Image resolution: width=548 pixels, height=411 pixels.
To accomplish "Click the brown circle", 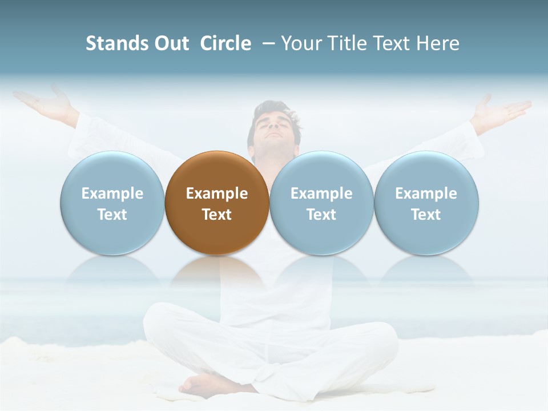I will coord(217,203).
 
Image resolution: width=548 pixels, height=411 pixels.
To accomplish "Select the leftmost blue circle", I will coord(112,203).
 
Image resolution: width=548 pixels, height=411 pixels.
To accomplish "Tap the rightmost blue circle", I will coord(426,203).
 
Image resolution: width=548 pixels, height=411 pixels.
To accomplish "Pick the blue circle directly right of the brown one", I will coord(321,203).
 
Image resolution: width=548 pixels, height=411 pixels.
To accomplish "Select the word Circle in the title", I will coord(225,43).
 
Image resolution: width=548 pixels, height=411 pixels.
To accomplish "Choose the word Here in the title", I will coord(438,43).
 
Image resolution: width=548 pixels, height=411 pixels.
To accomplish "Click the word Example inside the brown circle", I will coord(217,194).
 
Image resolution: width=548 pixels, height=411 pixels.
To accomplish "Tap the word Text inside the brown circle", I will coord(217,215).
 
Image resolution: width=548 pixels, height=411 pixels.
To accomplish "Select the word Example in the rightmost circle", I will coord(426,194).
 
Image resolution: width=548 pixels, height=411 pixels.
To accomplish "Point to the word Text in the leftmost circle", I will coord(112,215).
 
